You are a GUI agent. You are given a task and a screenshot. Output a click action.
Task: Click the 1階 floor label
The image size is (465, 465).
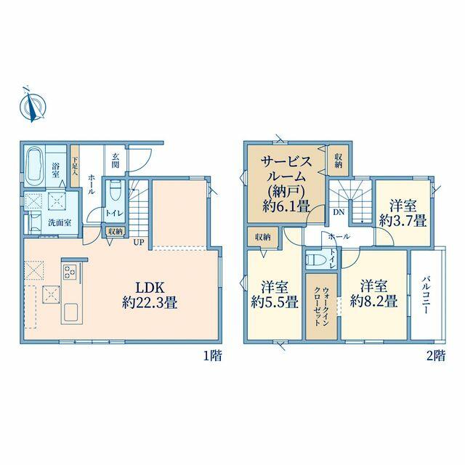click(213, 355)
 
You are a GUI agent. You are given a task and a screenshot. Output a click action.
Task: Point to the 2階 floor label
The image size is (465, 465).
click(436, 355)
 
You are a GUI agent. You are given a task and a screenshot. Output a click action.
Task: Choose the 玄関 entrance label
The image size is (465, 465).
click(116, 160)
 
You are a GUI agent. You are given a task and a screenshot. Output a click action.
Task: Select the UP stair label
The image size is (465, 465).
click(139, 242)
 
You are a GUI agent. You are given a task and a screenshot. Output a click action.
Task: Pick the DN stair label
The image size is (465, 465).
click(339, 212)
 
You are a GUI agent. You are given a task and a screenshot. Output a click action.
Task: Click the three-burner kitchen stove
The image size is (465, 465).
click(70, 272)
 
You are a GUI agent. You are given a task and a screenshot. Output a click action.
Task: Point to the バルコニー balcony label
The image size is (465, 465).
click(426, 295)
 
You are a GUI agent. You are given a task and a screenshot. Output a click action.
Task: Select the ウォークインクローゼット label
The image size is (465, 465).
click(322, 307)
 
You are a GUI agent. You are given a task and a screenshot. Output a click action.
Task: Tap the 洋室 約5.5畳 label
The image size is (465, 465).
click(275, 295)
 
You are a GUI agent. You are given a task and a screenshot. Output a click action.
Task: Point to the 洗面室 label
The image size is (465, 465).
click(60, 223)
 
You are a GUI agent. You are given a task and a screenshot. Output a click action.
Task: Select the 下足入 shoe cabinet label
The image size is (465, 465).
click(75, 166)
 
